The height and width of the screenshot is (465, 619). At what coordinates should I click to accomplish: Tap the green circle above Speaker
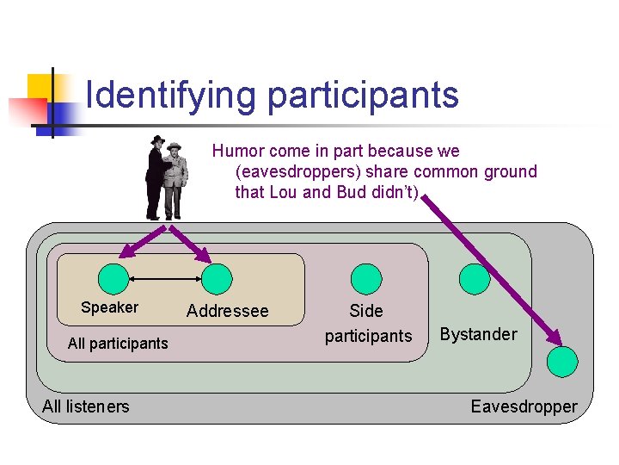tap(112, 279)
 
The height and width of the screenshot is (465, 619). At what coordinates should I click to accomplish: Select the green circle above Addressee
tap(216, 279)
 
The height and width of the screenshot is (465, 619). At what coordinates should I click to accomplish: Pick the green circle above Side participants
tap(366, 277)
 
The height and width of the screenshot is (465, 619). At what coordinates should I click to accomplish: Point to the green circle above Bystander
tap(475, 277)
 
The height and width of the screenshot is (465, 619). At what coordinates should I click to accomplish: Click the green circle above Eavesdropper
tap(565, 360)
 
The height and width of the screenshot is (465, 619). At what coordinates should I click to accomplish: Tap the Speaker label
tap(109, 307)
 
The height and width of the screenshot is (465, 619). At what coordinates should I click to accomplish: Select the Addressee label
tap(227, 311)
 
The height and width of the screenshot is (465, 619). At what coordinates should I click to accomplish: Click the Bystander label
tap(479, 334)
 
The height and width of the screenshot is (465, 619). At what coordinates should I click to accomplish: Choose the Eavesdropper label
tap(524, 406)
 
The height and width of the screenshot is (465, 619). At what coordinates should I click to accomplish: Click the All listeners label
tap(86, 406)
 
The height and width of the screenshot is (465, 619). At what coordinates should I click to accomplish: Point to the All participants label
tap(118, 344)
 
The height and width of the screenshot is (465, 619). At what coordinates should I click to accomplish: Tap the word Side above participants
tap(366, 311)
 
